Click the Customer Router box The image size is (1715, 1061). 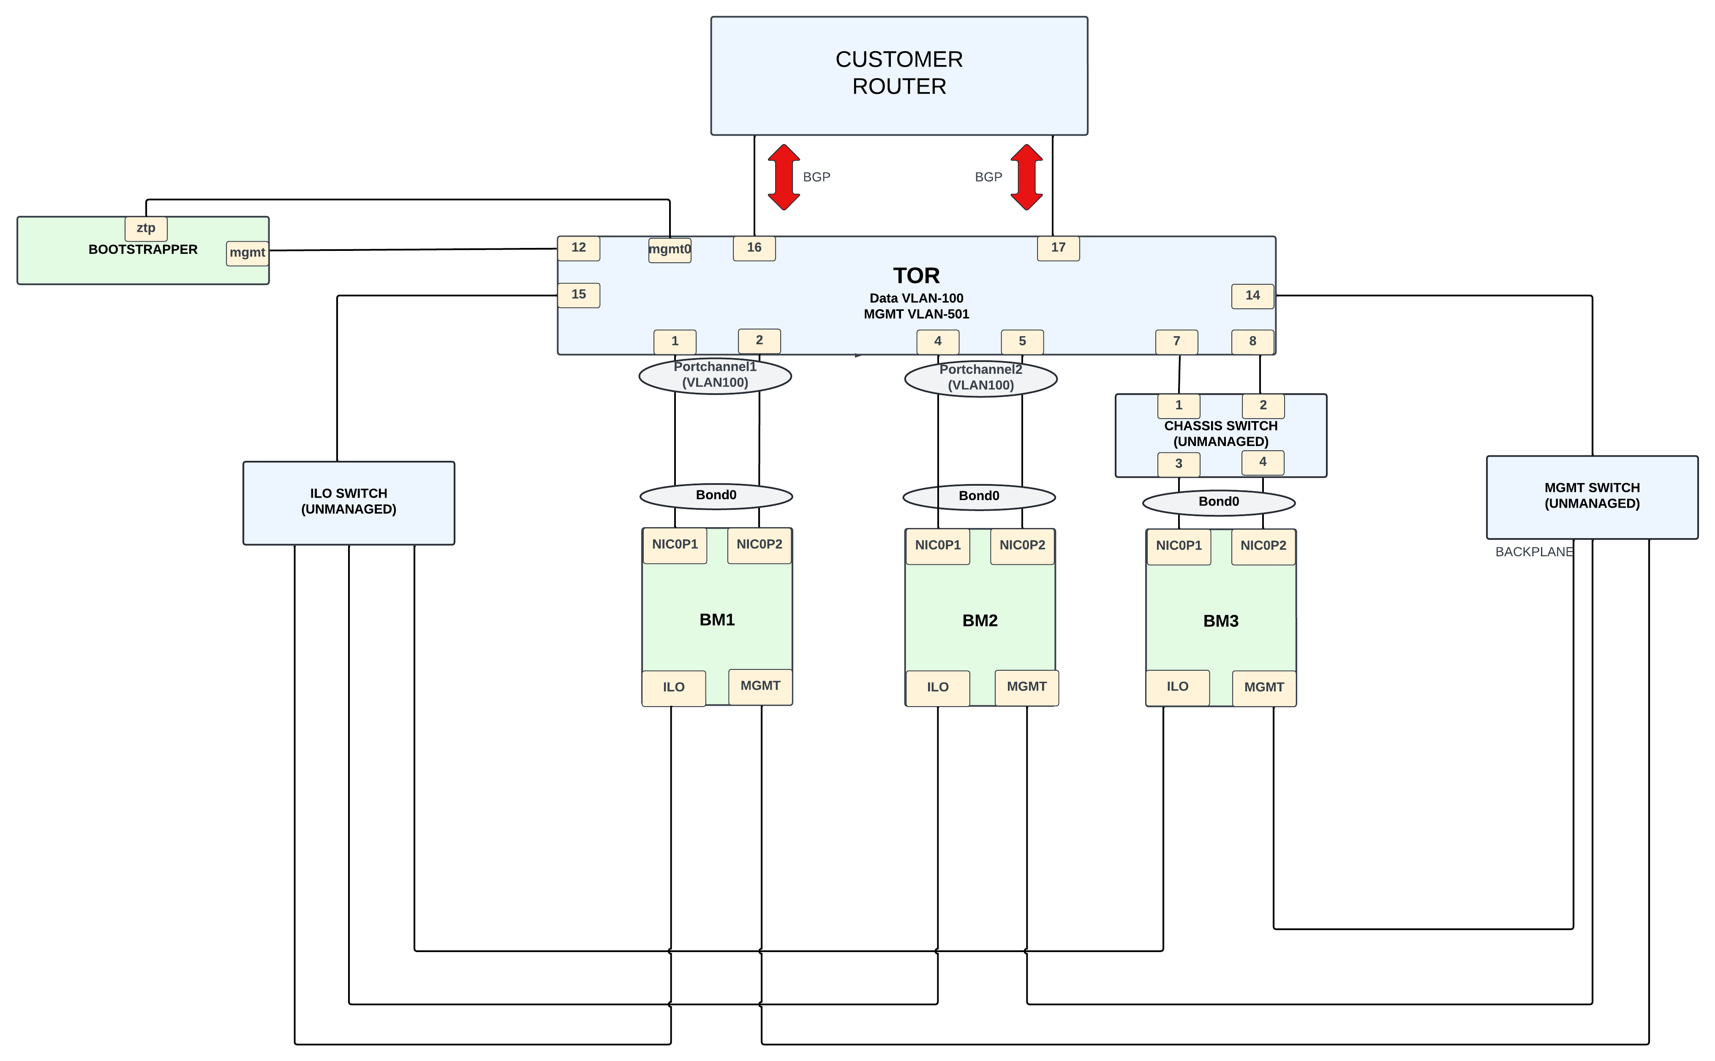coord(899,76)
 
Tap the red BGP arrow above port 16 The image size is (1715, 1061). coord(784,177)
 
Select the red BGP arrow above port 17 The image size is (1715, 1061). coord(1026,177)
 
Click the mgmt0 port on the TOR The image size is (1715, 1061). coord(670,250)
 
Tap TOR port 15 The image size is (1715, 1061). coord(578,295)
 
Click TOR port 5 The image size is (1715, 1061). coord(1022,342)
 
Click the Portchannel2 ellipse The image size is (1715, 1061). coord(980,378)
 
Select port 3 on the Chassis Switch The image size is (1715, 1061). coord(1178,464)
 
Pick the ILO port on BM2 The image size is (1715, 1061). coord(937,688)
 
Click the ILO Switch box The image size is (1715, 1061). coord(349,503)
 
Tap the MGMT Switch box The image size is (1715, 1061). coord(1592,497)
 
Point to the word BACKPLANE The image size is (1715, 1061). coord(1534,552)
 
